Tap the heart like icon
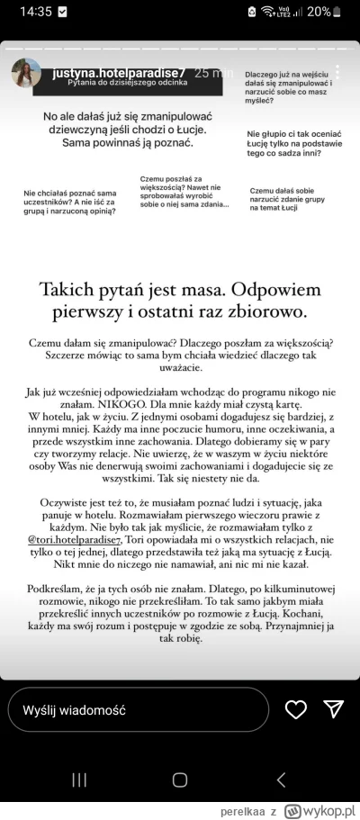[295, 709]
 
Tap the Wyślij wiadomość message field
[135, 709]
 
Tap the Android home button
[180, 779]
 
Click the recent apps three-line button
[79, 779]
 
